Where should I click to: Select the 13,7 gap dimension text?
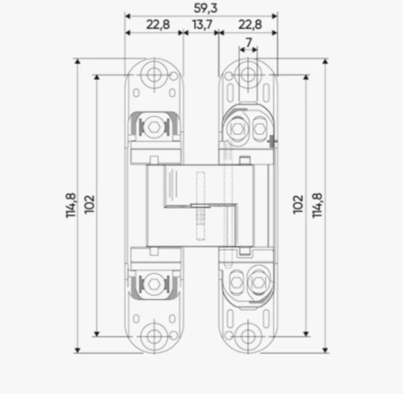(200, 25)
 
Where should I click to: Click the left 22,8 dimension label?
(158, 25)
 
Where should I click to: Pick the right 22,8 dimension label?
(250, 25)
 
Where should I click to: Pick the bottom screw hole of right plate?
(247, 336)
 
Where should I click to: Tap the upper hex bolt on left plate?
(153, 128)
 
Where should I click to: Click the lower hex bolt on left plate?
(153, 283)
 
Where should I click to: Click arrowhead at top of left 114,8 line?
(77, 61)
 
